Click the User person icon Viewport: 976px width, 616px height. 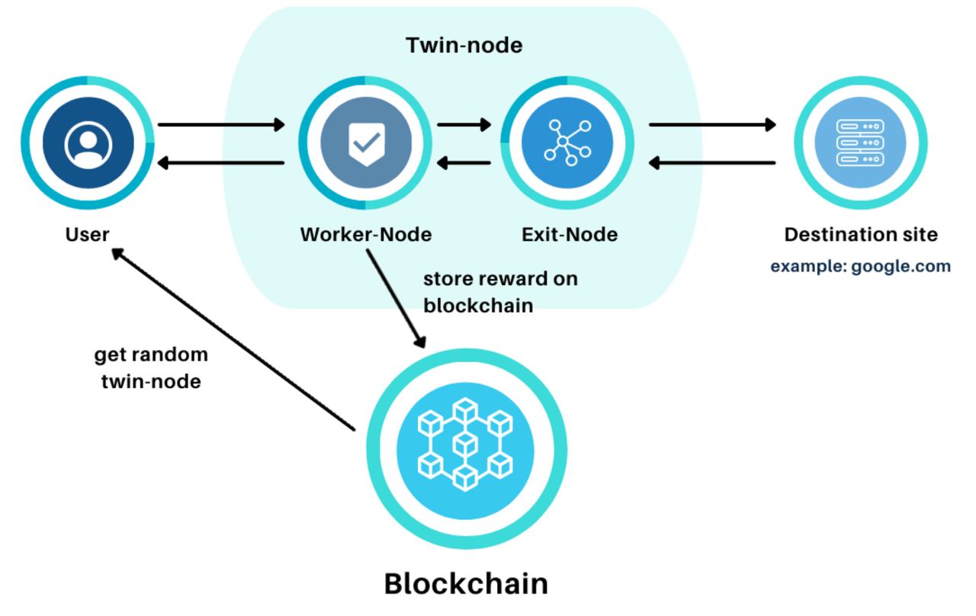point(88,143)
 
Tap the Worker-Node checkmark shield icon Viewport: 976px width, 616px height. point(365,143)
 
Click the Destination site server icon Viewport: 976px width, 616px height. point(860,143)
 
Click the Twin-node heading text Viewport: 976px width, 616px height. point(464,45)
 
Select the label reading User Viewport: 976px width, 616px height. point(87,234)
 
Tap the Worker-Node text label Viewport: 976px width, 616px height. point(365,234)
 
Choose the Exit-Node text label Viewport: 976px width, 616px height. point(569,234)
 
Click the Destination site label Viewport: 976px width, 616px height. point(861,234)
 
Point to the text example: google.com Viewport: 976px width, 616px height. point(860,266)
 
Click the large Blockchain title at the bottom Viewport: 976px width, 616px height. point(465,583)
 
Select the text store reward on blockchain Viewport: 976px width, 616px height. point(500,291)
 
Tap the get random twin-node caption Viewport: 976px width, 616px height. point(151,367)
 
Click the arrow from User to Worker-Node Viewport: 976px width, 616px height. point(220,124)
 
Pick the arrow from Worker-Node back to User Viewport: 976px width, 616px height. point(220,162)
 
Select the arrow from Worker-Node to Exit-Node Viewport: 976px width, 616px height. point(464,124)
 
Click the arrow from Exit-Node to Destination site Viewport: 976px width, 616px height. point(711,124)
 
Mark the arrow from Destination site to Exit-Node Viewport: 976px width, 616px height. point(711,162)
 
